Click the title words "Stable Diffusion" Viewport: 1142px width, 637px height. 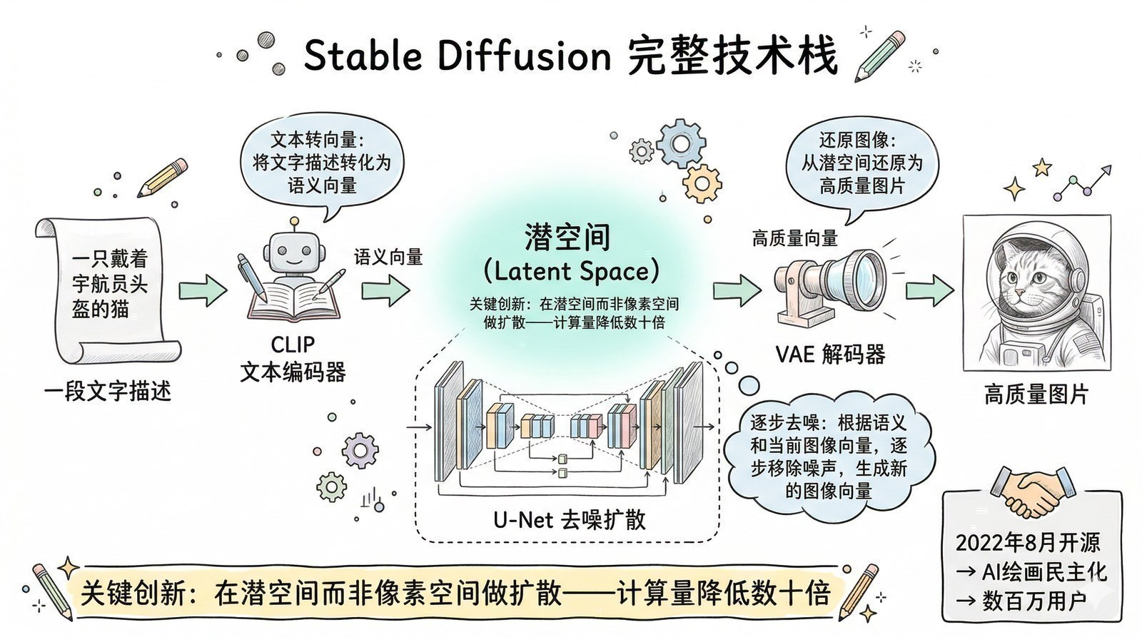[457, 56]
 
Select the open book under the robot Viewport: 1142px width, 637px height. [293, 300]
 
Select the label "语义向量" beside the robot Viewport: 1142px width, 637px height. [388, 257]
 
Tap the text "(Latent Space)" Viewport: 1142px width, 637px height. [570, 271]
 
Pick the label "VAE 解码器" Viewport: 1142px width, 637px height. [830, 354]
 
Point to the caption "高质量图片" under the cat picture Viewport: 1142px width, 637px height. [1036, 394]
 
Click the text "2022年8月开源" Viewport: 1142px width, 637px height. [1028, 543]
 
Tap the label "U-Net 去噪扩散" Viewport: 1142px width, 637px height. [569, 519]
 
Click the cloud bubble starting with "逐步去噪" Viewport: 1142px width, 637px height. [828, 457]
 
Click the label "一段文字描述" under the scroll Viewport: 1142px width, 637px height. [107, 391]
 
